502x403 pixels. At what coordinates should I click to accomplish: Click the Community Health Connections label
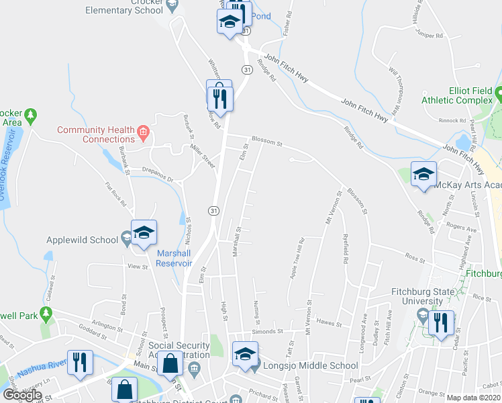(x=95, y=134)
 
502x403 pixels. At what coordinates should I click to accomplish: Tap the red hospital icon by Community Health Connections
(x=142, y=134)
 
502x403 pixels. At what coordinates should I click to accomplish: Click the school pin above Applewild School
(x=144, y=232)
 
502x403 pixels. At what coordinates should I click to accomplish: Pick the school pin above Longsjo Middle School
(x=246, y=354)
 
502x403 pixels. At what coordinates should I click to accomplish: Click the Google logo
(x=22, y=395)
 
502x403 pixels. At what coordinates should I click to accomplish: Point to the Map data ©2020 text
(x=472, y=398)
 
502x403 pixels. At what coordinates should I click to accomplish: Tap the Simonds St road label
(x=264, y=332)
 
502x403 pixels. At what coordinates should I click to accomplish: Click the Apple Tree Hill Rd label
(x=296, y=260)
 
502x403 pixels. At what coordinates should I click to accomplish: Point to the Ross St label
(x=416, y=256)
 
